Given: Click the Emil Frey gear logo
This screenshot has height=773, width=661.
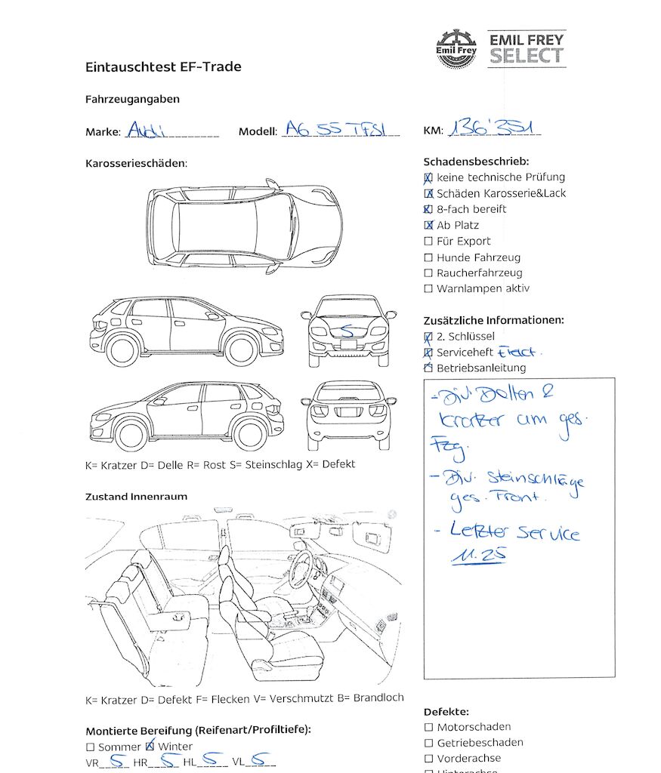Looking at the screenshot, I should click(x=456, y=48).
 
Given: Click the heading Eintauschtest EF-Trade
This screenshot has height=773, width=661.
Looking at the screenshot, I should click(x=163, y=67).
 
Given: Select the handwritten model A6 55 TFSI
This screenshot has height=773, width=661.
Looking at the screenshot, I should click(x=341, y=129).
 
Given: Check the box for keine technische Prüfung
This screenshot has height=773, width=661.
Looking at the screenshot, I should click(x=428, y=178).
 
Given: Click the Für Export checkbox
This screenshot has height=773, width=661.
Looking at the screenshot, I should click(x=428, y=242).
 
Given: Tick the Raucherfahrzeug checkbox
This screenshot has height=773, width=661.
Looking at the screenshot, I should click(x=428, y=273).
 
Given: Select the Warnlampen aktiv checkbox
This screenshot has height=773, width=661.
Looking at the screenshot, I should click(x=428, y=289).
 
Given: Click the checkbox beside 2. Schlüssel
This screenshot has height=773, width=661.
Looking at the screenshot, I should click(x=428, y=337).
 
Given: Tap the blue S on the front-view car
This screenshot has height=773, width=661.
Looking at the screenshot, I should click(x=347, y=330).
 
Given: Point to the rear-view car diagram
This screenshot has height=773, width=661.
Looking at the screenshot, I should click(x=348, y=414).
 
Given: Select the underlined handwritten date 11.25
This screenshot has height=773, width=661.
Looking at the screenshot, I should click(x=479, y=555).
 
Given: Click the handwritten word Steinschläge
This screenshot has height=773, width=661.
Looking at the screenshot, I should click(x=536, y=479).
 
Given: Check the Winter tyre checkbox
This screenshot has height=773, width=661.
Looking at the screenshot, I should click(x=150, y=747).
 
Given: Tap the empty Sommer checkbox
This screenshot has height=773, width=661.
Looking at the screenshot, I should click(x=91, y=747).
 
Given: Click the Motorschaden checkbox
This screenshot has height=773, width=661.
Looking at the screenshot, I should click(x=428, y=728).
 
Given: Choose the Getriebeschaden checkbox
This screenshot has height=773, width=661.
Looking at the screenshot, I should click(x=428, y=743).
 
